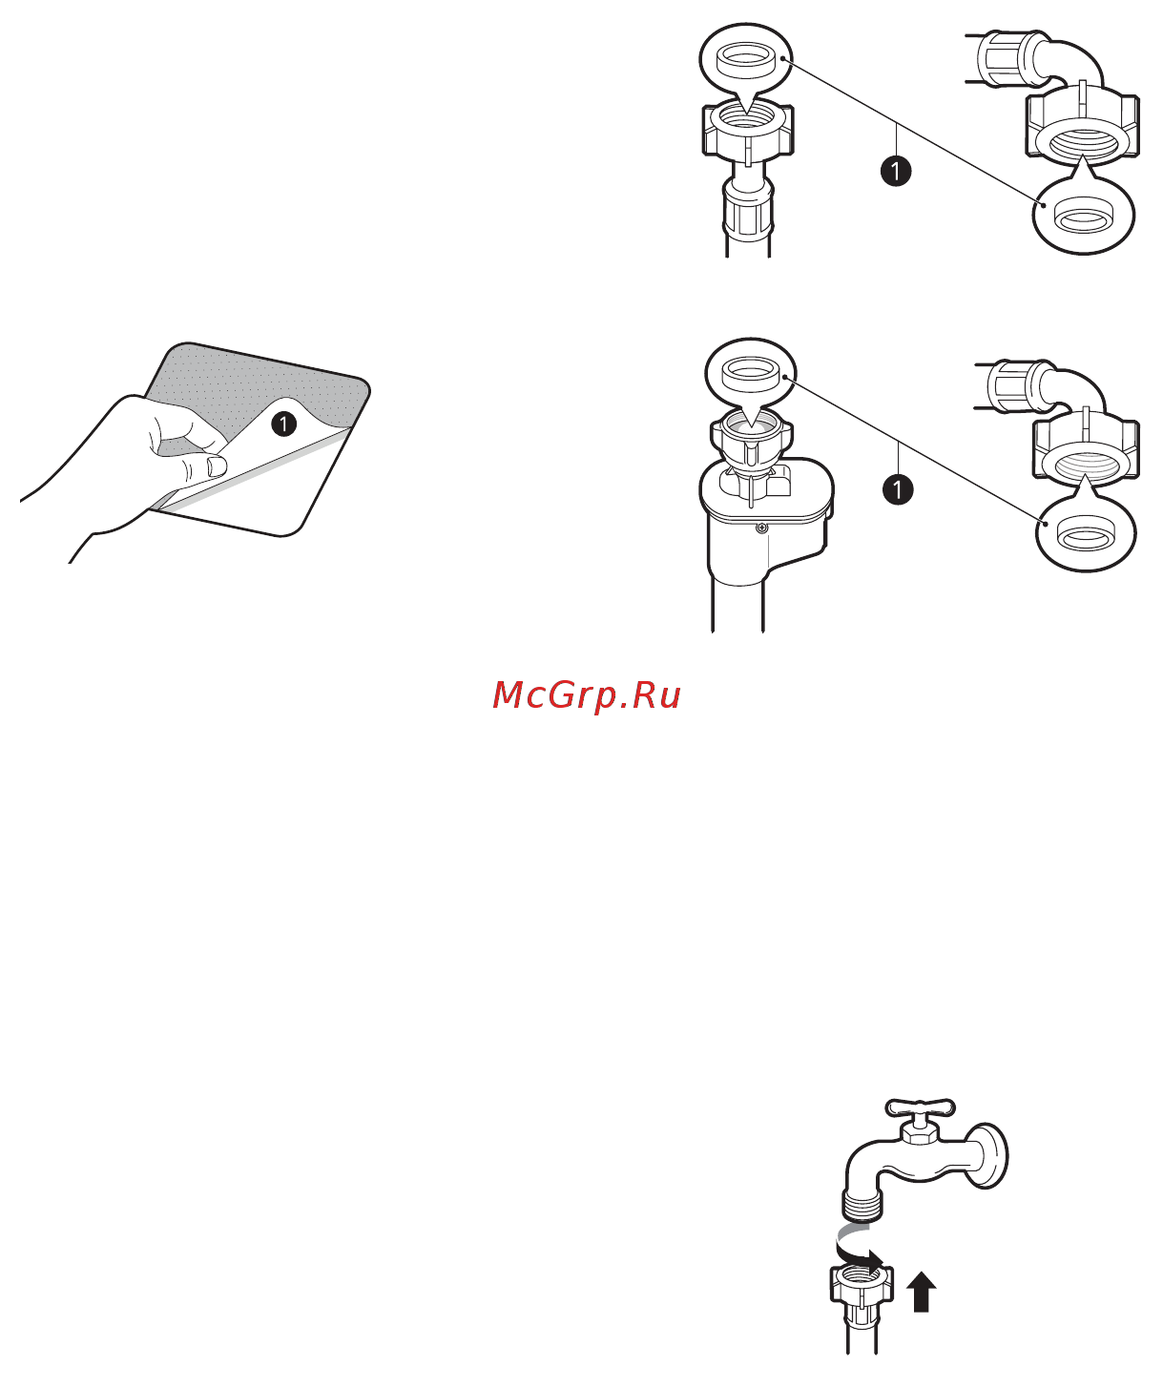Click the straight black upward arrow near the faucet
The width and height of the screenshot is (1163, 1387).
[921, 1291]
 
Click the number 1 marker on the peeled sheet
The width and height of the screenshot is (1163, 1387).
[283, 424]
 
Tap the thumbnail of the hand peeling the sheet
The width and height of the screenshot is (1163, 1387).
[216, 467]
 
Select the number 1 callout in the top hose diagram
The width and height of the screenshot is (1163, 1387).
[896, 172]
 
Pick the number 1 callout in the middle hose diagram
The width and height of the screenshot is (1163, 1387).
[898, 489]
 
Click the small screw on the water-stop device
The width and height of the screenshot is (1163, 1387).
[762, 528]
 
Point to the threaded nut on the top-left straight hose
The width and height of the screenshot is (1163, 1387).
[748, 132]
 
